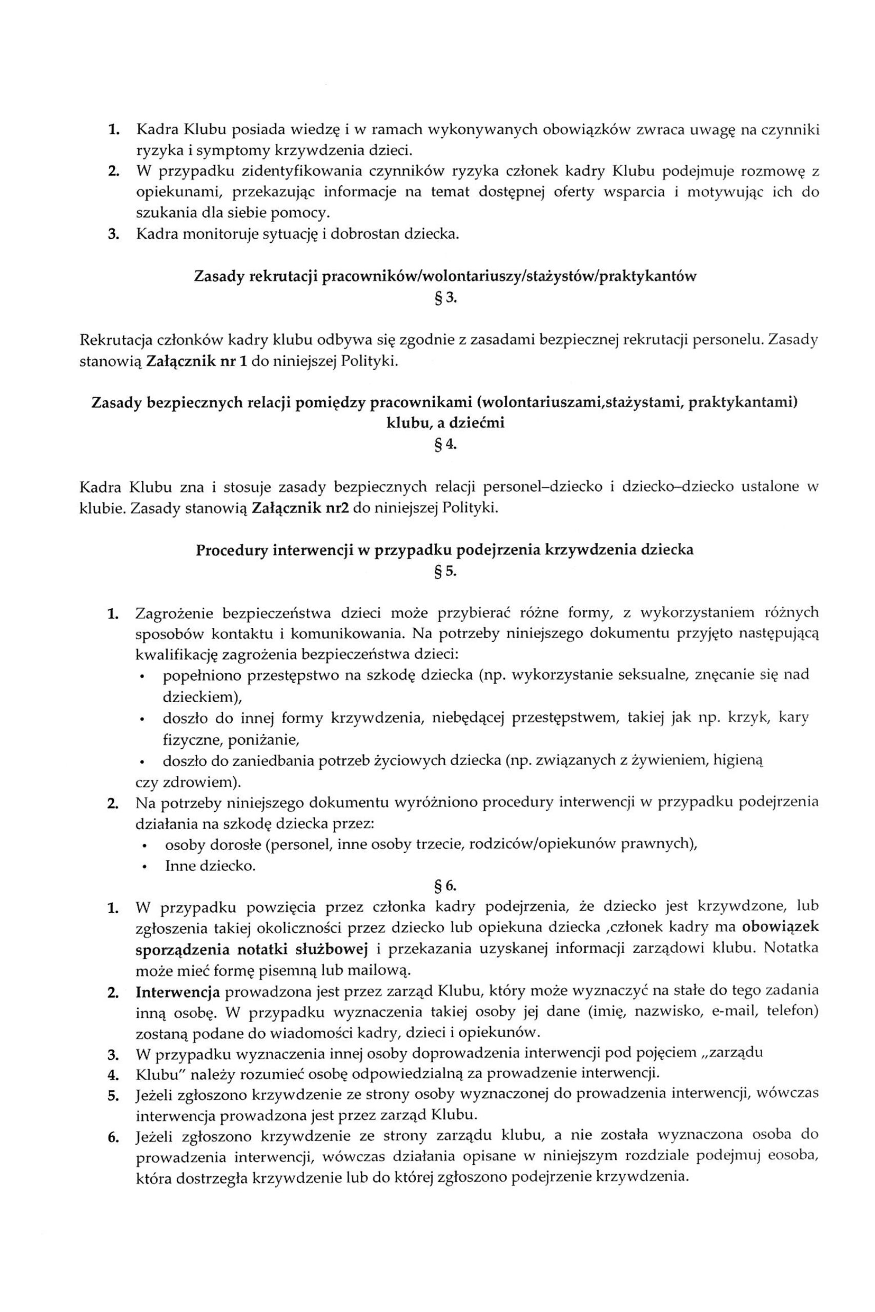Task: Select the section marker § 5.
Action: coord(445,571)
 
